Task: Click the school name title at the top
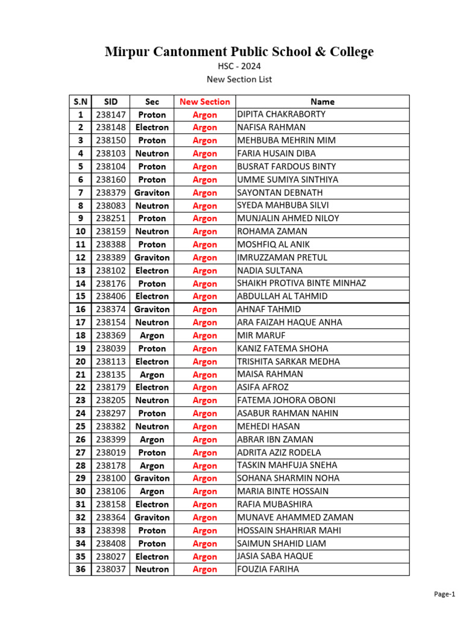click(239, 52)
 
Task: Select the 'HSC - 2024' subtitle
click(239, 67)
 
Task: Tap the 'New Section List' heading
click(239, 79)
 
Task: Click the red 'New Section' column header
click(204, 102)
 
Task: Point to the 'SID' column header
click(111, 102)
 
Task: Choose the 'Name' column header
click(322, 102)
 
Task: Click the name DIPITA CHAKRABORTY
click(282, 114)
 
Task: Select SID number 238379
click(111, 193)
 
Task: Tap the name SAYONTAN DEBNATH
click(280, 193)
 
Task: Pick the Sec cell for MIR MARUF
click(152, 336)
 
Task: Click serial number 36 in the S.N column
click(80, 569)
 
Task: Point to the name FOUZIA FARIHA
click(268, 569)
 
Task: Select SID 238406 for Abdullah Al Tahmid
click(111, 296)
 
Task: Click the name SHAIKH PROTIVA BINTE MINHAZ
click(301, 283)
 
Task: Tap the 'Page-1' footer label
click(444, 595)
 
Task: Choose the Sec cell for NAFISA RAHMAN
click(152, 127)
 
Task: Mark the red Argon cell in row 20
click(204, 362)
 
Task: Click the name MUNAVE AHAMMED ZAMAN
click(295, 517)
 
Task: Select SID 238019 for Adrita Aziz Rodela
click(111, 453)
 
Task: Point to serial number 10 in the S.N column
click(80, 231)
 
